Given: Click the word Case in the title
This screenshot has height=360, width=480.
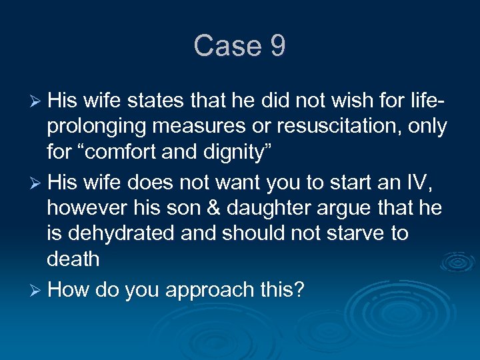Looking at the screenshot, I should pos(227,46).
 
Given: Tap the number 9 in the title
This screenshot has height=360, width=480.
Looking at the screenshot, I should pos(278,46).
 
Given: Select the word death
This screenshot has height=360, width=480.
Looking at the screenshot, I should pos(73,259).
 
